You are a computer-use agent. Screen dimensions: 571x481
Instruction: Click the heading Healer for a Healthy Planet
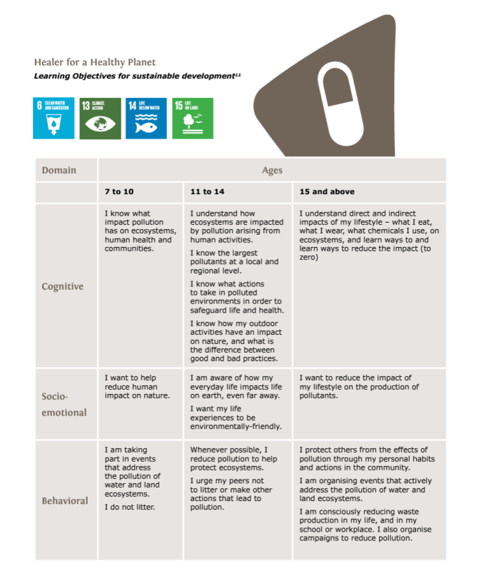tap(94, 62)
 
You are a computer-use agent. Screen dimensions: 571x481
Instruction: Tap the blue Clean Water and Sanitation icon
tap(54, 118)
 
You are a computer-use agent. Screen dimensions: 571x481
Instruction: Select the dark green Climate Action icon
tap(100, 118)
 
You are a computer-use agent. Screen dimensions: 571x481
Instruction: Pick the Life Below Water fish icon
tap(146, 118)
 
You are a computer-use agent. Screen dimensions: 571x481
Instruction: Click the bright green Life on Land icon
tap(193, 118)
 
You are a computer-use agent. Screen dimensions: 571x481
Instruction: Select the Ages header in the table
tap(272, 170)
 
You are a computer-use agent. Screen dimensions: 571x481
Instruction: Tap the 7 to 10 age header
tap(119, 192)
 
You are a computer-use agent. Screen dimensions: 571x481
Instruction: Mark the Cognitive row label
tap(63, 286)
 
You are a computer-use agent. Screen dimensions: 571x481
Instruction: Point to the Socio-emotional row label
tap(64, 404)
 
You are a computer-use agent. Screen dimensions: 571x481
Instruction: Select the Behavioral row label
tap(64, 500)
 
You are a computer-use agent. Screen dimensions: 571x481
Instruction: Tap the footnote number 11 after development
tap(238, 74)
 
